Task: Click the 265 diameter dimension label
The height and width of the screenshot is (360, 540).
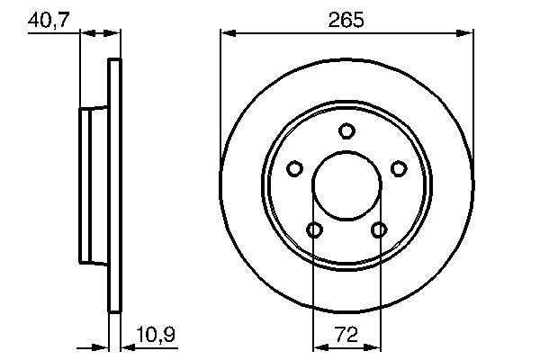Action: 347,19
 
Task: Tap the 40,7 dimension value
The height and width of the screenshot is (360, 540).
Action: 49,19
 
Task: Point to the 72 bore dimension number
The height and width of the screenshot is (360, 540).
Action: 346,334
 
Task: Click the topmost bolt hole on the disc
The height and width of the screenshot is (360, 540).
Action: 346,131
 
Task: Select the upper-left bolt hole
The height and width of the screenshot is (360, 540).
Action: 294,168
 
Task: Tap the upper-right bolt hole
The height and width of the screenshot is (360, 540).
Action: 399,168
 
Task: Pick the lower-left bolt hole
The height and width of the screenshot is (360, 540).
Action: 314,229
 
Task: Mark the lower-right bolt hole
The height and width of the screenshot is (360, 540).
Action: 379,229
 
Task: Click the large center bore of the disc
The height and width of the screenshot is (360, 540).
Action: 346,186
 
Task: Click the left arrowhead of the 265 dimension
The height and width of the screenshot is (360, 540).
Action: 227,33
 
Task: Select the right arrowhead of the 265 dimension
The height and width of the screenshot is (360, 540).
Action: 466,33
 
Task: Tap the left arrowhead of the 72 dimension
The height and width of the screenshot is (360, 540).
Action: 319,346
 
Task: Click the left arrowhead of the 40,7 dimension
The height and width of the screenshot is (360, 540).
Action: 86,33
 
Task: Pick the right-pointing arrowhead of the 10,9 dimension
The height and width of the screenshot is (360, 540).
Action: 103,346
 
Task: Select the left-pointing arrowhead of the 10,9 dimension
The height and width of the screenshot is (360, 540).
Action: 126,346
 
